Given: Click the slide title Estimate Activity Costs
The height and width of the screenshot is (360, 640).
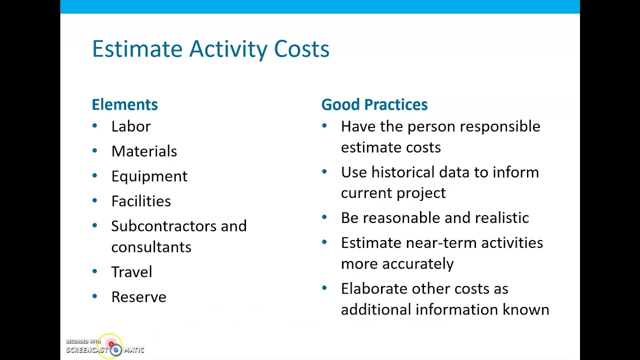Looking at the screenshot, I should (x=210, y=49).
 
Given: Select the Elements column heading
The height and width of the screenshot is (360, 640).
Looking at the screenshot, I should (x=124, y=104).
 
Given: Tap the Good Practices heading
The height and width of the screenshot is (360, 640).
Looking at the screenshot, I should (x=374, y=104).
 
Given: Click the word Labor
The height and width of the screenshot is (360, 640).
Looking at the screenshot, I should (x=130, y=126).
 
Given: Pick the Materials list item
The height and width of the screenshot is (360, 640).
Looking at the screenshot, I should (x=144, y=151).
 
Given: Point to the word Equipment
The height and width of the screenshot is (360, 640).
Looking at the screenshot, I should (x=149, y=176).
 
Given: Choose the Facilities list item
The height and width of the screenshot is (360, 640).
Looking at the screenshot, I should (x=141, y=201).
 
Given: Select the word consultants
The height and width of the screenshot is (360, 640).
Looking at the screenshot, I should (x=151, y=247).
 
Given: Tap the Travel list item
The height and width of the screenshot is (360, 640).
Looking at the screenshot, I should (x=131, y=272).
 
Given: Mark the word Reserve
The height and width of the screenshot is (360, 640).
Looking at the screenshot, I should (x=138, y=297).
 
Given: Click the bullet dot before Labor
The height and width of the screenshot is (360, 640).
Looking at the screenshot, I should (x=94, y=126).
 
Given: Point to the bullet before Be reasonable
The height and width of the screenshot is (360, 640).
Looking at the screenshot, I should (x=324, y=217).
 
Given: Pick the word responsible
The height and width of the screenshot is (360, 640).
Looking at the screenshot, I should (x=499, y=127).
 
